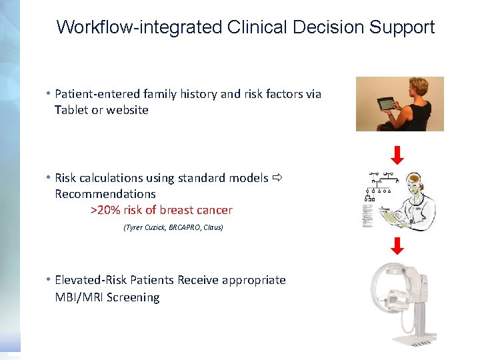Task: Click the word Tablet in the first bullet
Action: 71,110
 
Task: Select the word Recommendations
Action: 105,194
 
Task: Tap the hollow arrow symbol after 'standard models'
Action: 278,178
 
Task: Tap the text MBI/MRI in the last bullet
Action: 79,297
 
